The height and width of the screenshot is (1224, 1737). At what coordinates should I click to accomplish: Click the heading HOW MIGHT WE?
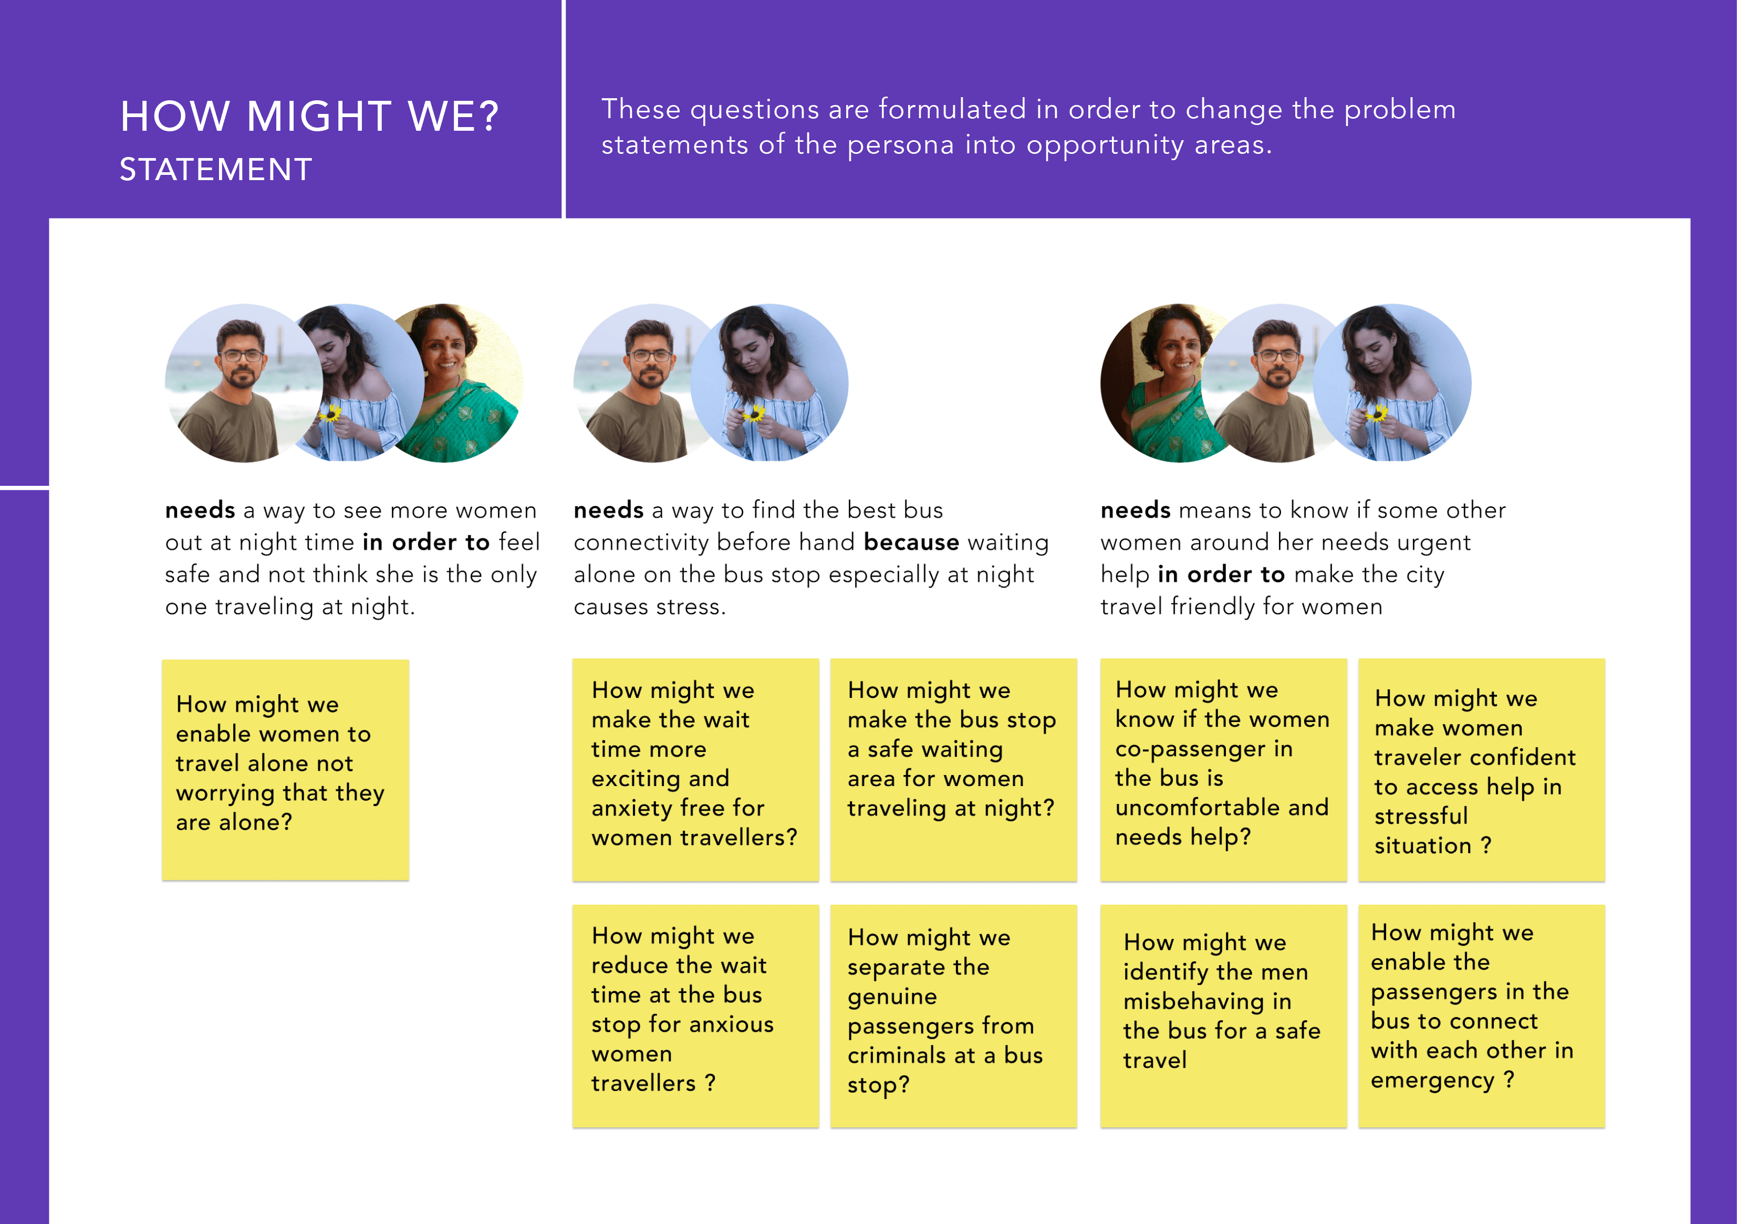(x=309, y=117)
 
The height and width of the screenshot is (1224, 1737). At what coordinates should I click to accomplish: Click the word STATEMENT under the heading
(x=215, y=170)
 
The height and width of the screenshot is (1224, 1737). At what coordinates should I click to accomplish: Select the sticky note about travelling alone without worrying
(x=285, y=769)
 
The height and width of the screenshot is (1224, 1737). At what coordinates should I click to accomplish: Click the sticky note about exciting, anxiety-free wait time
(x=695, y=769)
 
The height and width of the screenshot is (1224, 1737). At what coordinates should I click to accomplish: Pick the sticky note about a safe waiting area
(x=953, y=769)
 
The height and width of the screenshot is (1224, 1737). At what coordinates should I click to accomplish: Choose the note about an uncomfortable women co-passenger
(x=1223, y=769)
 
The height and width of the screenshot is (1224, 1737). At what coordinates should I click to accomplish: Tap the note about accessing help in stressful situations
(x=1481, y=769)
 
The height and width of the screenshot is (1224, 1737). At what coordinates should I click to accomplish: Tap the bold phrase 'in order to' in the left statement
(x=426, y=542)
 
